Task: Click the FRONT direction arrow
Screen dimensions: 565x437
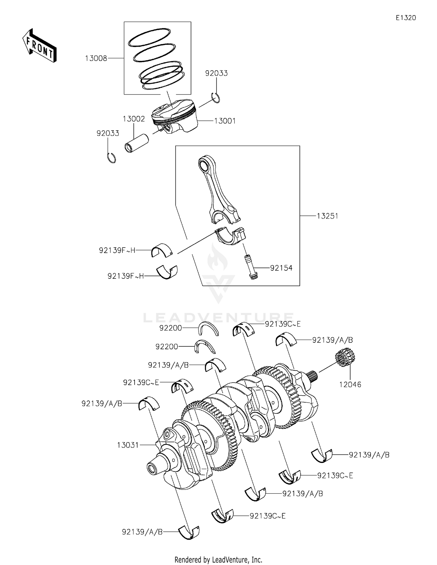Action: (39, 46)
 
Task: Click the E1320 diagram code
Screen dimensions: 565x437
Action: (406, 18)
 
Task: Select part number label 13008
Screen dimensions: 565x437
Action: (96, 58)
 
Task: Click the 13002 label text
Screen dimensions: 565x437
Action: (134, 119)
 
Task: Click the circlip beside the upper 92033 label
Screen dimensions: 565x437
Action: (216, 97)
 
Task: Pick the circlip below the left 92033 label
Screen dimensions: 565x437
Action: (111, 157)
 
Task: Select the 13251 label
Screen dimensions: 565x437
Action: (327, 216)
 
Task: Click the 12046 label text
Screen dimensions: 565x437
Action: (350, 385)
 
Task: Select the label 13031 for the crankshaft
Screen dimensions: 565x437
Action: (128, 445)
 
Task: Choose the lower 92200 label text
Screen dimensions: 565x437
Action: (167, 347)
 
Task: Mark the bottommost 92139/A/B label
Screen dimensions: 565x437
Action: (142, 532)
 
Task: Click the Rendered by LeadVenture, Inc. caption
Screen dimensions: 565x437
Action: (218, 559)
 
